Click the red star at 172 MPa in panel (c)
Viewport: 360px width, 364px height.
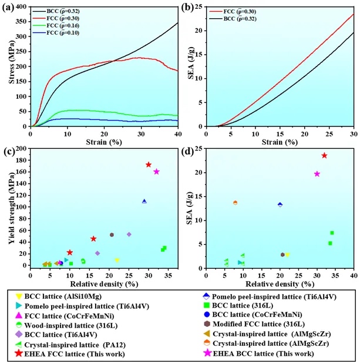coord(149,165)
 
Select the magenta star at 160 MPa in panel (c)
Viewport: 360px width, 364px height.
coord(156,172)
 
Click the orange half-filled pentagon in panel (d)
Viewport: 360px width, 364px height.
coord(235,202)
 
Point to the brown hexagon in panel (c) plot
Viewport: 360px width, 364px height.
coord(112,235)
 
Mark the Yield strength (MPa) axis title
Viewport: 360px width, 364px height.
coord(7,207)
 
